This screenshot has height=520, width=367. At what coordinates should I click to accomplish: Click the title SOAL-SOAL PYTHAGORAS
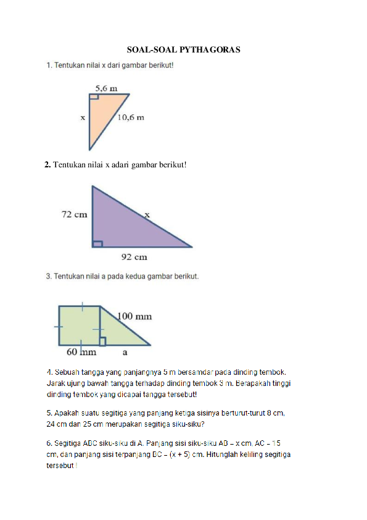[183, 49]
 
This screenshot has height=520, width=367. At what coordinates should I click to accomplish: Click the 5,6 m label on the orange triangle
[107, 88]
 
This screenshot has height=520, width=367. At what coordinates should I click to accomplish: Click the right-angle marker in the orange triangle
[94, 97]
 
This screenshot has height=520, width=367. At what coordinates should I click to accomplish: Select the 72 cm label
[74, 214]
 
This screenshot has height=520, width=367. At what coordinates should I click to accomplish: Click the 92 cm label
[134, 256]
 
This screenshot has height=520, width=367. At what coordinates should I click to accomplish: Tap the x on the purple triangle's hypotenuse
[147, 214]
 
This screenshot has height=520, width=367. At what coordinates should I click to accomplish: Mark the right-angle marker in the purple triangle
[97, 243]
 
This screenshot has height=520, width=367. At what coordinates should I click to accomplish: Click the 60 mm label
[81, 353]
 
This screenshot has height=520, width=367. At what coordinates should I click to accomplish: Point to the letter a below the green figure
[125, 353]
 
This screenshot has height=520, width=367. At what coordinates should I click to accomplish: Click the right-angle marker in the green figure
[103, 341]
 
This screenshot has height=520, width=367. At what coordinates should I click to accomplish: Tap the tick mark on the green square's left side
[59, 325]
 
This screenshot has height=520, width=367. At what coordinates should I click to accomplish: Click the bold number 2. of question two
[47, 164]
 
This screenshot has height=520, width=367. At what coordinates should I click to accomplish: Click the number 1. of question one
[49, 65]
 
